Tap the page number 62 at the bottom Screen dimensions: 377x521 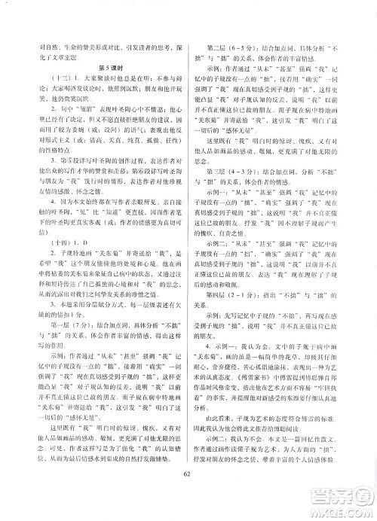(188, 494)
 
